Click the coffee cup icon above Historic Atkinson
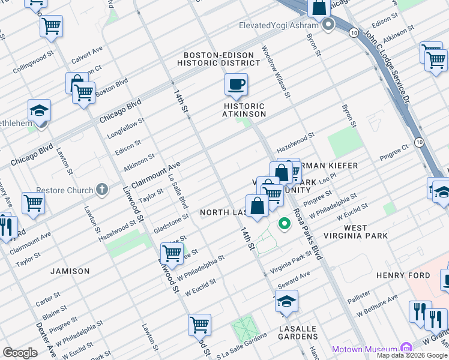pyautogui.click(x=237, y=84)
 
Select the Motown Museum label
pyautogui.click(x=365, y=349)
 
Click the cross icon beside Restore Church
pyautogui.click(x=102, y=190)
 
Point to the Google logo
pyautogui.click(x=20, y=353)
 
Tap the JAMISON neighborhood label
pyautogui.click(x=70, y=271)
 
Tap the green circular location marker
pyautogui.click(x=285, y=224)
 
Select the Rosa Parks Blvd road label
pyautogui.click(x=307, y=233)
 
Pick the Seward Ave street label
pyautogui.click(x=294, y=278)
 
